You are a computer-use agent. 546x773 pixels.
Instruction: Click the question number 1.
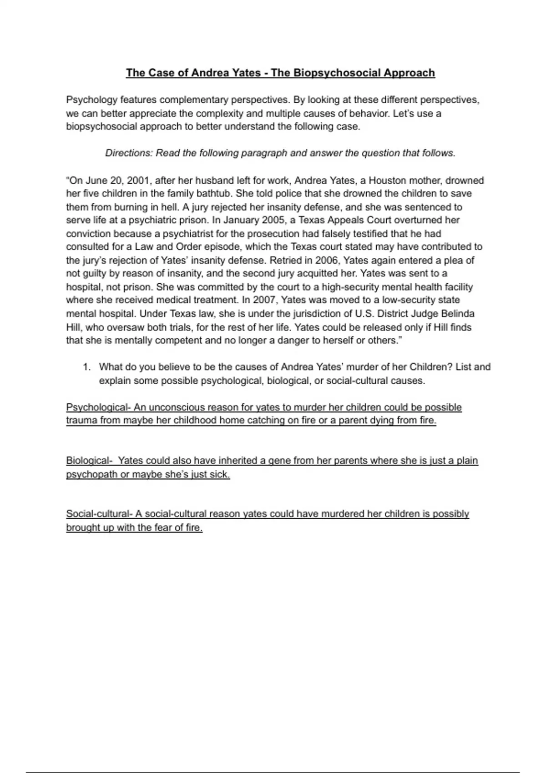86,367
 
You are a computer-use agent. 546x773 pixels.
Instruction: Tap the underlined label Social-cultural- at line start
99,514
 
